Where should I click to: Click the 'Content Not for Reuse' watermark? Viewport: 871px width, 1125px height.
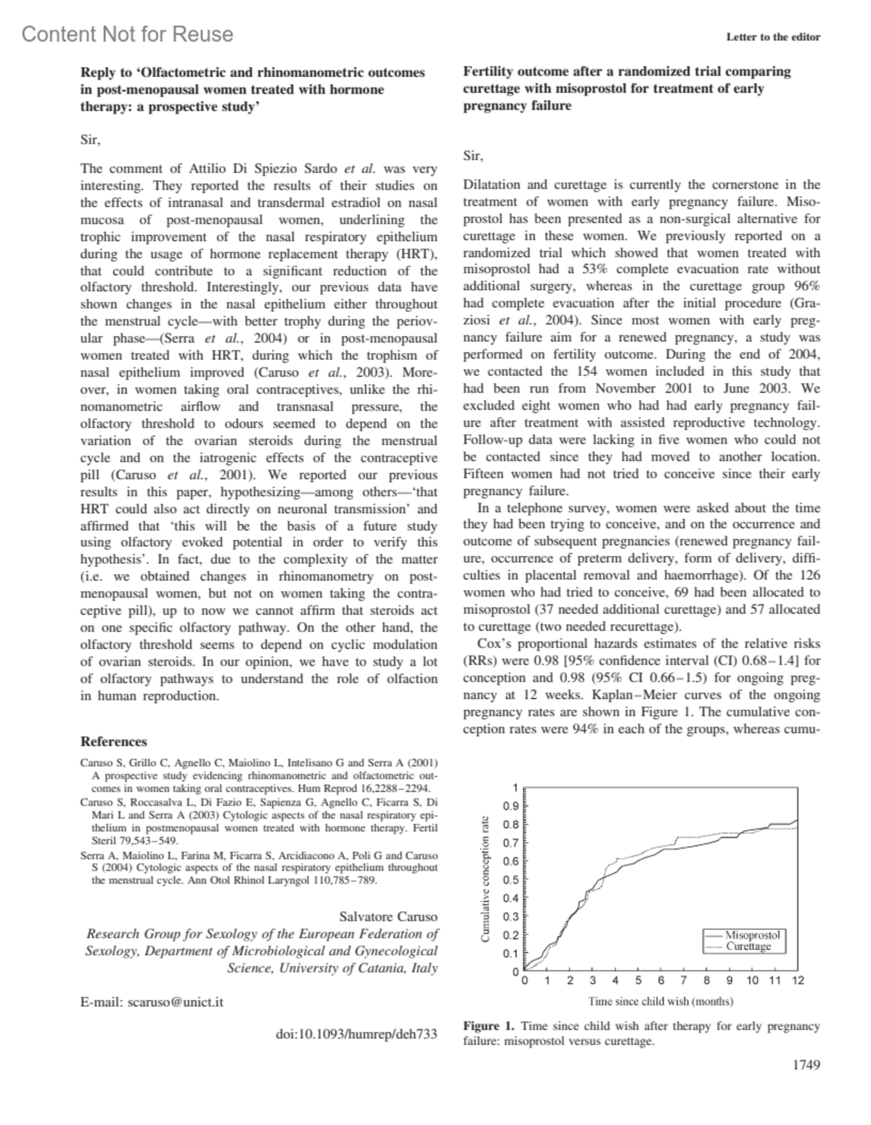click(128, 34)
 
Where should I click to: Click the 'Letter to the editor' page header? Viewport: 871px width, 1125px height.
click(772, 37)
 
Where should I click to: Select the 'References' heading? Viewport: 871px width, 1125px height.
click(113, 741)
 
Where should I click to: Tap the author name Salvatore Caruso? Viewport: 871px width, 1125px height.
click(388, 916)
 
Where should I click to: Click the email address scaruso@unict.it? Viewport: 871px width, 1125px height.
click(176, 1002)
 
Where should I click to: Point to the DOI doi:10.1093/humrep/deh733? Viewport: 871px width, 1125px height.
click(357, 1033)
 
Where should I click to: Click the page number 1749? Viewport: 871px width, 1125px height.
click(806, 1065)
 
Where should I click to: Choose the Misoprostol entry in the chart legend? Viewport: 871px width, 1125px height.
click(752, 936)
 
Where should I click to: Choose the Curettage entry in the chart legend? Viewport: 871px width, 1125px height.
click(748, 946)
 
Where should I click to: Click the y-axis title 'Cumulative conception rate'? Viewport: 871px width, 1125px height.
click(485, 879)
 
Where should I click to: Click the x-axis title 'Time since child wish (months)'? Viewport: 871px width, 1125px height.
click(661, 1002)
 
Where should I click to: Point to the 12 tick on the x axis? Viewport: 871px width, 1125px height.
click(798, 981)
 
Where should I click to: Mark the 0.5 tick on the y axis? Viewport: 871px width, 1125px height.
click(511, 880)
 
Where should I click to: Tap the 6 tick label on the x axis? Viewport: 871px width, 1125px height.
click(661, 981)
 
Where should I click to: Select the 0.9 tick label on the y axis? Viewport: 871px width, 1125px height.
click(511, 806)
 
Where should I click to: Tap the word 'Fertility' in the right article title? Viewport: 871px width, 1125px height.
click(488, 71)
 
